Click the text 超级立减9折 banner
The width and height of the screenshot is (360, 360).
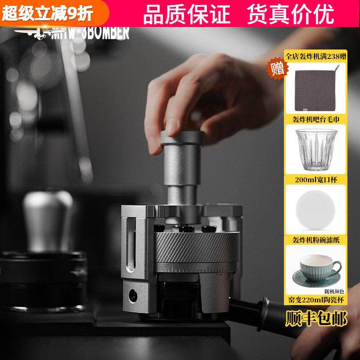pyautogui.click(x=47, y=13)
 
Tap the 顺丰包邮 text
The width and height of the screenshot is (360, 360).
pyautogui.click(x=316, y=319)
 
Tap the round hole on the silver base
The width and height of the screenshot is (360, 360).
pyautogui.click(x=133, y=296)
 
